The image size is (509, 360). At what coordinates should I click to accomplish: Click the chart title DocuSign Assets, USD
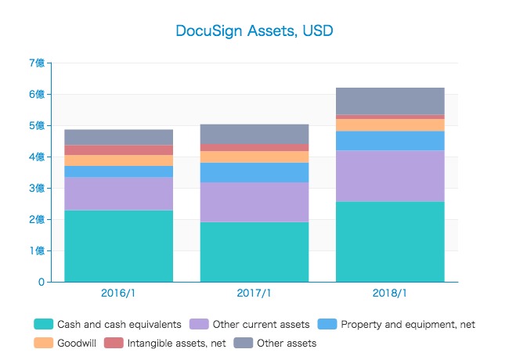(x=254, y=31)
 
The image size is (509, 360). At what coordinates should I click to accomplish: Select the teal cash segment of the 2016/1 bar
(x=118, y=246)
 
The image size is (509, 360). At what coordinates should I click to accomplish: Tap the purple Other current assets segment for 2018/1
(x=389, y=176)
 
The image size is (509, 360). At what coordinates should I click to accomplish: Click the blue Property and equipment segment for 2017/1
(x=254, y=172)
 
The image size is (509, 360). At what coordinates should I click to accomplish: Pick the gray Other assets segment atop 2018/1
(x=389, y=101)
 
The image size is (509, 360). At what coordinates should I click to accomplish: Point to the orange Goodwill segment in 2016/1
(x=118, y=160)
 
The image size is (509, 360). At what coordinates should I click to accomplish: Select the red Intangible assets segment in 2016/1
(x=118, y=150)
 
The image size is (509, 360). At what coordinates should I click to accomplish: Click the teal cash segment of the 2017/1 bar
(x=254, y=252)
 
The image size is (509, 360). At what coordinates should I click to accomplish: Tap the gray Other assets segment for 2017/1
(x=254, y=134)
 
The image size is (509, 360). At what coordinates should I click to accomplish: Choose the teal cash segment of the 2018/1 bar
(x=389, y=242)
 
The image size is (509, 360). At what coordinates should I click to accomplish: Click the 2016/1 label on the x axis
(x=118, y=293)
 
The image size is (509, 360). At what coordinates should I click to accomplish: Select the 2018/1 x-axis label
(x=389, y=293)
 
